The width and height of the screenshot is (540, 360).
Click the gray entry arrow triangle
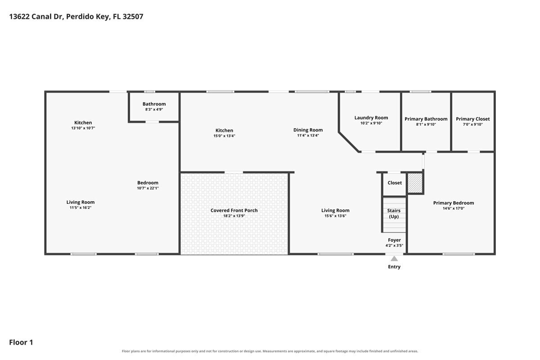[x=394, y=259]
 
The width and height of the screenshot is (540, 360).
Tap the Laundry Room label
[x=371, y=117]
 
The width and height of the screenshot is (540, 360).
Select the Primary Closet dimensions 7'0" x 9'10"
[x=473, y=124]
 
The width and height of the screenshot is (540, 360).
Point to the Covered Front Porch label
[x=234, y=210]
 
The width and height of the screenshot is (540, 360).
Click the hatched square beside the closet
[x=415, y=183]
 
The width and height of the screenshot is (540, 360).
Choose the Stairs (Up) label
[x=394, y=213]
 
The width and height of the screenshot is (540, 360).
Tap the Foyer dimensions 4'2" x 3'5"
[x=394, y=246]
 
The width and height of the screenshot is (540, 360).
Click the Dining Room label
[x=308, y=130]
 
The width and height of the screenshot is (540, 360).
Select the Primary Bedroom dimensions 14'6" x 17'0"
[x=454, y=208]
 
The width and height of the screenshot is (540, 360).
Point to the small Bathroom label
[x=154, y=104]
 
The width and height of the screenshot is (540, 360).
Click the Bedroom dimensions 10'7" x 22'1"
[x=148, y=188]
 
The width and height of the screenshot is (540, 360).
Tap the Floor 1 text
[x=21, y=342]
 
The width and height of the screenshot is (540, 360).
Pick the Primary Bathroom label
[x=426, y=119]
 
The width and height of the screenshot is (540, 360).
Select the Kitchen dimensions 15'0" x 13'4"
[x=224, y=136]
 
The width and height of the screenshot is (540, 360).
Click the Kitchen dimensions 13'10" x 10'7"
[x=83, y=128]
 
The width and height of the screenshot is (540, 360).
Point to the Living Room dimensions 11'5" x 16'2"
[x=81, y=207]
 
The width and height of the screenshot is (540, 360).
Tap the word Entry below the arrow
[x=394, y=267]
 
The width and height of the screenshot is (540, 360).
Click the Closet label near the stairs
[x=395, y=183]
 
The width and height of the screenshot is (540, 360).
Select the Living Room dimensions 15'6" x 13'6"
[x=335, y=216]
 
